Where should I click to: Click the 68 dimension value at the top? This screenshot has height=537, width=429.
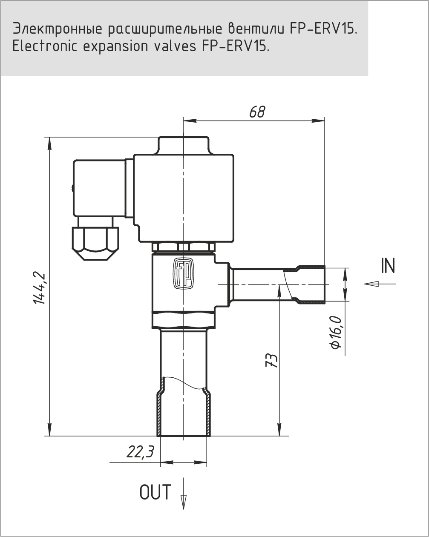(257, 112)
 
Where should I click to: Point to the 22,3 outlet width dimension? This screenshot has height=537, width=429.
(140, 452)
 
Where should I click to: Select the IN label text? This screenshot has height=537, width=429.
(388, 266)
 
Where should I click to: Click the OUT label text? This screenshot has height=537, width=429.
(155, 492)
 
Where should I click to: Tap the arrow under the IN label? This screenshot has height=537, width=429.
(379, 284)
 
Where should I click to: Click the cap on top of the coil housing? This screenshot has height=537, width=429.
(183, 145)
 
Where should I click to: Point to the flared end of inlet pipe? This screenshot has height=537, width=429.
(312, 284)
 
